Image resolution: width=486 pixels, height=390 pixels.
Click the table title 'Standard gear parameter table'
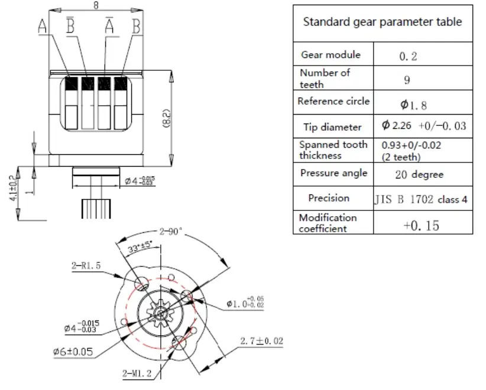[x=382, y=22]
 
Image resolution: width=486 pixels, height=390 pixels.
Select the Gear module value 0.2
[x=408, y=56]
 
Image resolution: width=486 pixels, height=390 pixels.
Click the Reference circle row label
[x=333, y=101]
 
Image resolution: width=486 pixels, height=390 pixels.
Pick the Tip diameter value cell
[x=423, y=126]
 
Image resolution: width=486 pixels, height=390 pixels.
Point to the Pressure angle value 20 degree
[x=419, y=174]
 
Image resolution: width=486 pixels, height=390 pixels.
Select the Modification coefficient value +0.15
[x=421, y=225]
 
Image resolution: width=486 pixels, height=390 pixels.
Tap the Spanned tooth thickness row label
[x=333, y=150]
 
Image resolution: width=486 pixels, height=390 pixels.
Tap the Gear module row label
[x=331, y=54]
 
